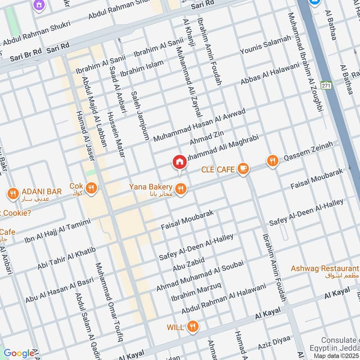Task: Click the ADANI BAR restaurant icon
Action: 13,194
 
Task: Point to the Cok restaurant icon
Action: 92,188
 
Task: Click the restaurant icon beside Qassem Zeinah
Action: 272,161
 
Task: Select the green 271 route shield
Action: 326,85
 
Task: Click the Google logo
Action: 19,353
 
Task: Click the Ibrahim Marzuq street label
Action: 196,292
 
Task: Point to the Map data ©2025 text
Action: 336,356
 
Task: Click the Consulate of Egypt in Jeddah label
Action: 339,344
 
